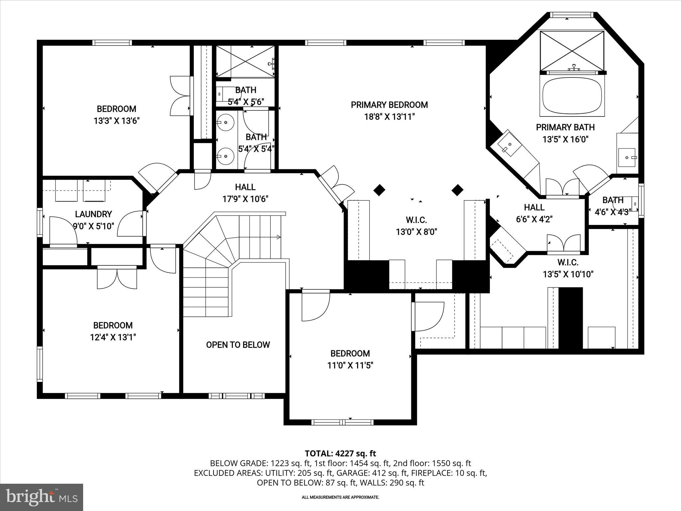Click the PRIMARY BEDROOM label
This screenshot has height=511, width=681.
pyautogui.click(x=389, y=105)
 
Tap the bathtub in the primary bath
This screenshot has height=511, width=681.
pyautogui.click(x=572, y=96)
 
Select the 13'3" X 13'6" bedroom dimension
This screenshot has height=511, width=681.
pyautogui.click(x=116, y=120)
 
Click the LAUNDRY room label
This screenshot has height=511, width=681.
pyautogui.click(x=93, y=214)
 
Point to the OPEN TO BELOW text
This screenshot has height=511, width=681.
pyautogui.click(x=238, y=345)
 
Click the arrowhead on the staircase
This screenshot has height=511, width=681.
pyautogui.click(x=279, y=237)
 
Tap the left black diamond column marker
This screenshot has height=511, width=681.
pyautogui.click(x=379, y=190)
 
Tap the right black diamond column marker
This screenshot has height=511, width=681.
pyautogui.click(x=458, y=190)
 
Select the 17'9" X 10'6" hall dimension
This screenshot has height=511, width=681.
pyautogui.click(x=245, y=199)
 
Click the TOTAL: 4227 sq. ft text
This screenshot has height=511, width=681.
pyautogui.click(x=340, y=453)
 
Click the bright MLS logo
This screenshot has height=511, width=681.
pyautogui.click(x=42, y=497)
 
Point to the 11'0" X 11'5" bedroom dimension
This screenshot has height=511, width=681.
pyautogui.click(x=350, y=365)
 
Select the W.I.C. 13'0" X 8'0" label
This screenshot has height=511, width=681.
pyautogui.click(x=416, y=226)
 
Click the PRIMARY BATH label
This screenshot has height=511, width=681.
pyautogui.click(x=565, y=127)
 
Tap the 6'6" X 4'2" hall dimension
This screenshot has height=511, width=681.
pyautogui.click(x=534, y=219)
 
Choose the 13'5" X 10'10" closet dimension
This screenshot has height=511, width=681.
pyautogui.click(x=568, y=274)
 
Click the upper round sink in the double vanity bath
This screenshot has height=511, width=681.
pyautogui.click(x=226, y=122)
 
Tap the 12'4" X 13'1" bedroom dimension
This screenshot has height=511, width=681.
pyautogui.click(x=113, y=337)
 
